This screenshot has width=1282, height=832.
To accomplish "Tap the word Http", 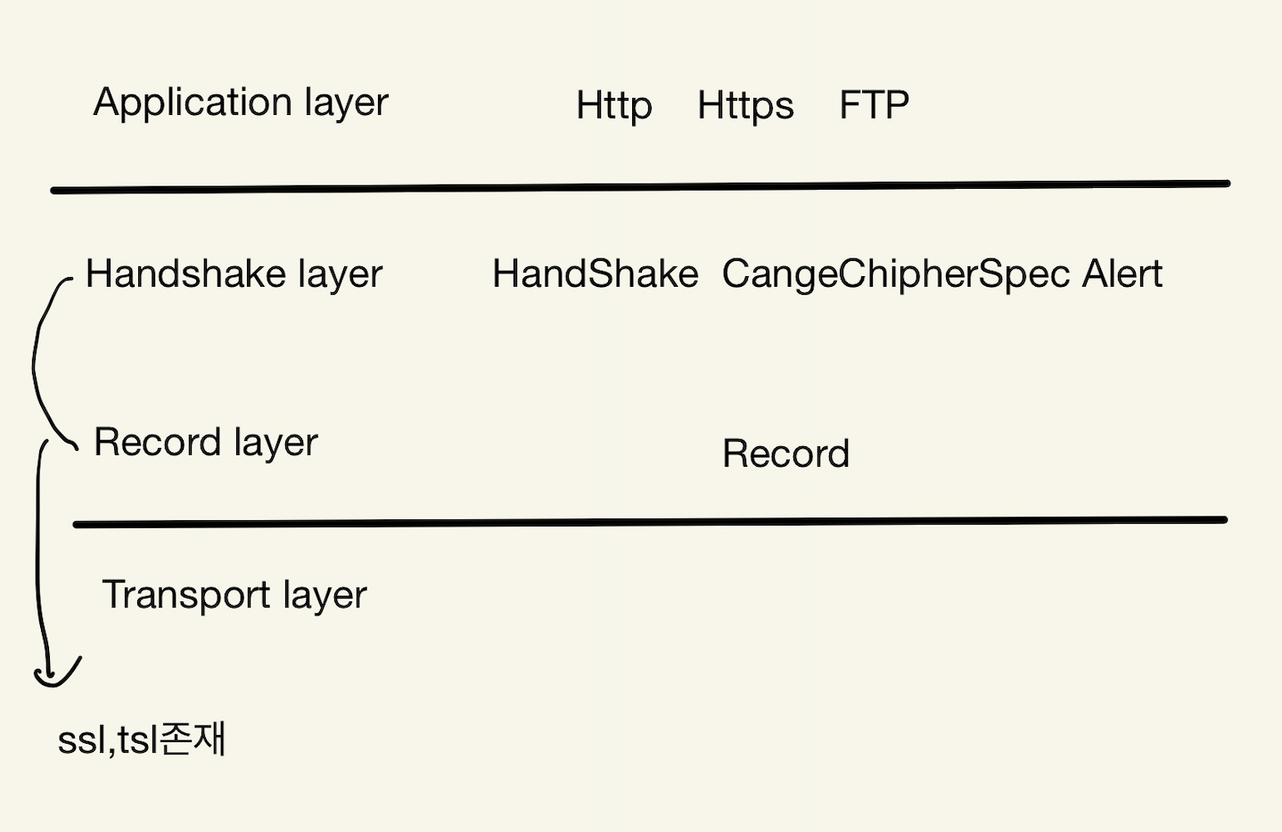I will pyautogui.click(x=614, y=106).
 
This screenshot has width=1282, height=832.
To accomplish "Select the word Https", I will pyautogui.click(x=745, y=106).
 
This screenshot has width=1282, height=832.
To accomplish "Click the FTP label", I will pyautogui.click(x=874, y=105).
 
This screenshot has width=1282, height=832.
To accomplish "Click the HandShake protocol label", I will pyautogui.click(x=595, y=273).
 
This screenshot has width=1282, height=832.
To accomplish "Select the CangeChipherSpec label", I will pyautogui.click(x=895, y=274).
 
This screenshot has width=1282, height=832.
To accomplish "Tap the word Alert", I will pyautogui.click(x=1122, y=273).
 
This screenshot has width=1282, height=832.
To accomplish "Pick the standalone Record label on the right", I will pyautogui.click(x=785, y=453).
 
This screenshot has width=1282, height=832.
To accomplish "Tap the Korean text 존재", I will pyautogui.click(x=194, y=738).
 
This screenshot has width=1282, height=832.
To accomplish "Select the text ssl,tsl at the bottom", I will pyautogui.click(x=108, y=740).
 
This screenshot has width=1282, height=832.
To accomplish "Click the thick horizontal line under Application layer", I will pyautogui.click(x=640, y=186).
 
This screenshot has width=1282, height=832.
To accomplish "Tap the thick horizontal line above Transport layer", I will pyautogui.click(x=650, y=522).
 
